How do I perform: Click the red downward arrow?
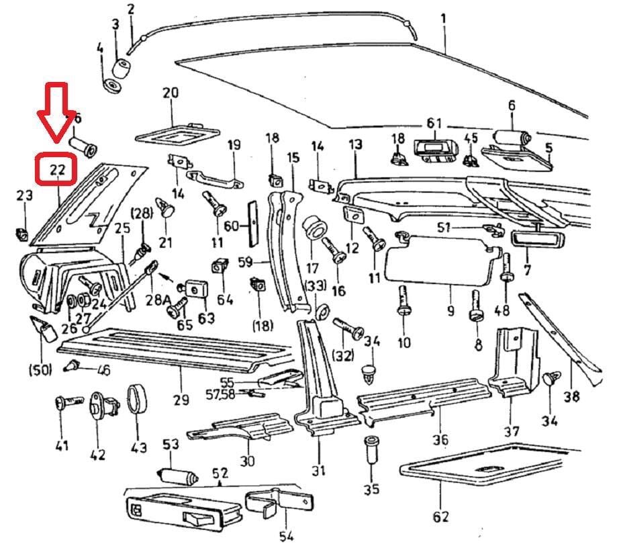56,114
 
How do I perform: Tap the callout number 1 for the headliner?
442,18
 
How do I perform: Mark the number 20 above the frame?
171,93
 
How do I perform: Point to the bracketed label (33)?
317,285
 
